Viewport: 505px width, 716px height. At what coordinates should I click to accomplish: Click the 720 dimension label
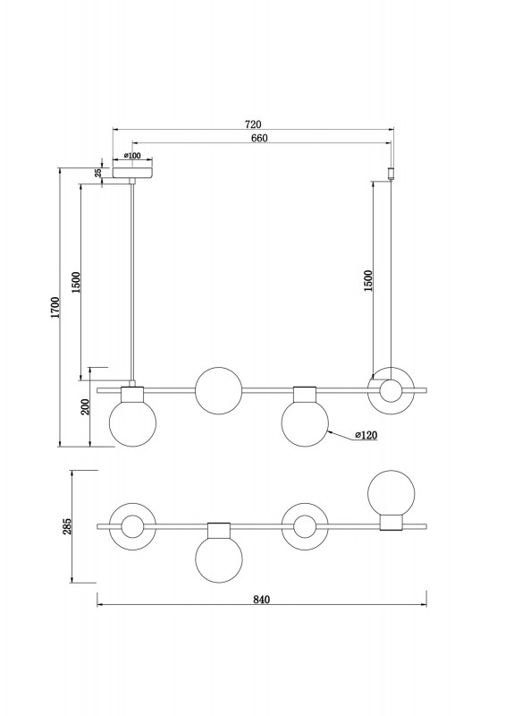coord(253,124)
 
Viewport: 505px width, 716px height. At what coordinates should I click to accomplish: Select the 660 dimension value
coord(258,139)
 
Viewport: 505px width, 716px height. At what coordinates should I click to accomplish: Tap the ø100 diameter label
coord(132,156)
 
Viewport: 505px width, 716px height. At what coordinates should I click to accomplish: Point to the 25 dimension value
coord(97,173)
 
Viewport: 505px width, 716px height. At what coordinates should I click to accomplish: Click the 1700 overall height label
coord(55,307)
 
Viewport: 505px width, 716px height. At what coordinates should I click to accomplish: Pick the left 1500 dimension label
coord(76,282)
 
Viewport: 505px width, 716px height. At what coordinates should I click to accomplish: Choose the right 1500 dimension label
coord(368,281)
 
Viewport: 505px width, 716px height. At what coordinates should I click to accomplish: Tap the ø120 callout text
coord(366,435)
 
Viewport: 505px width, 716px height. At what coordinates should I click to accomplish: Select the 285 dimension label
coord(67,526)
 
